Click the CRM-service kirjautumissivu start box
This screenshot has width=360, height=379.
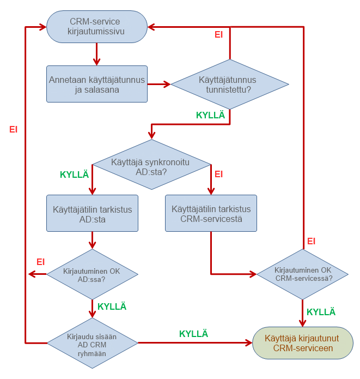97,27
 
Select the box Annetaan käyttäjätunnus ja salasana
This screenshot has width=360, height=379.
97,84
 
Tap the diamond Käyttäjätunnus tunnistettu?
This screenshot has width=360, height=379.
229,85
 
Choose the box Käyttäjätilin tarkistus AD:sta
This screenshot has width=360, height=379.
92,213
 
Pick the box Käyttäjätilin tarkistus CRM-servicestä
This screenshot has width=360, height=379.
211,213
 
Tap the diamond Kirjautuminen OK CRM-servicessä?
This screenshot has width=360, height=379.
303,274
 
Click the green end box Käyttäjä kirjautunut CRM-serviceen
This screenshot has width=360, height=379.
302,343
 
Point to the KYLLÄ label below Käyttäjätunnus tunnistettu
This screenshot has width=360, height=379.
210,115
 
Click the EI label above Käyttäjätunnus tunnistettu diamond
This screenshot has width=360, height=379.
218,34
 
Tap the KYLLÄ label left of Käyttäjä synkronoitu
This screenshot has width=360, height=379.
74,175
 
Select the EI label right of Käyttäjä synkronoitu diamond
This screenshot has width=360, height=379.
219,175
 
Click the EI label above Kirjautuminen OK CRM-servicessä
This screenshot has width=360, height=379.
312,241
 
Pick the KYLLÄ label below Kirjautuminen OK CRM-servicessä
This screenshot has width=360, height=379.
321,312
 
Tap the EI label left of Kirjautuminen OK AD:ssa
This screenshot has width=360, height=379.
40,262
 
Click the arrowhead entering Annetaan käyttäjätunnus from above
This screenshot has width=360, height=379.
97,62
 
